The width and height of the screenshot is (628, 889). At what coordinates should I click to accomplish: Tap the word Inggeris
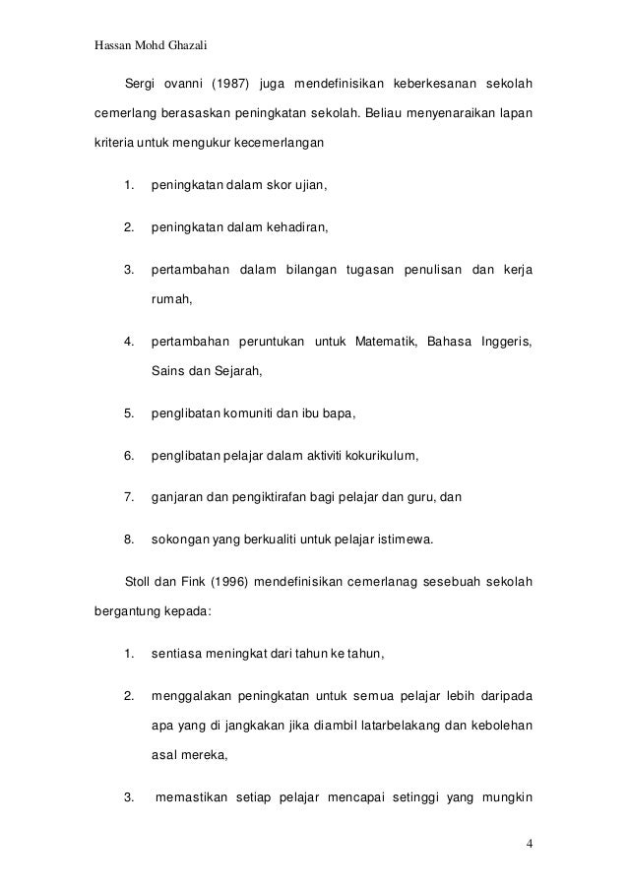click(504, 342)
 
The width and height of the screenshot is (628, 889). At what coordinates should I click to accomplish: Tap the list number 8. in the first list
click(128, 539)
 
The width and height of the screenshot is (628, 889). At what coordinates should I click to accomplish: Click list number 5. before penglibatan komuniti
click(128, 413)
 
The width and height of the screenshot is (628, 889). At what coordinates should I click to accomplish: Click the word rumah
click(170, 300)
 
